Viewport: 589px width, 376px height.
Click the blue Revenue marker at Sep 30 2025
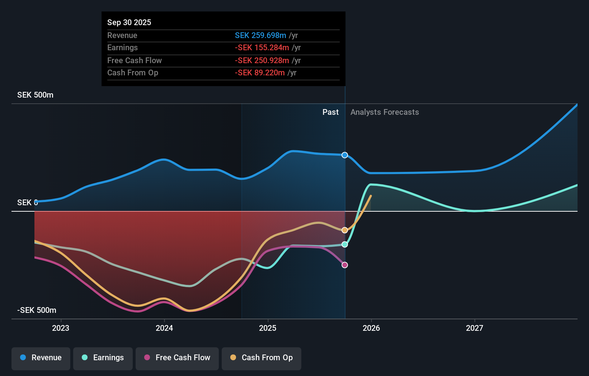pos(345,155)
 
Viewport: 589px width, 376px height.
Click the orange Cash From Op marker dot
pos(345,230)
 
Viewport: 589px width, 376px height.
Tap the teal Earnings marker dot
pos(345,244)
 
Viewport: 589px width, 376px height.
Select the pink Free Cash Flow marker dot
pos(345,265)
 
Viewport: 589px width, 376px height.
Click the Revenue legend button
pos(41,358)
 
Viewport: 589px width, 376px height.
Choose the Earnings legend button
pos(103,358)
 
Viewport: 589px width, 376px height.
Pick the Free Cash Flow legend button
pos(177,358)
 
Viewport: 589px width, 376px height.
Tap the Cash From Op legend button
pos(261,358)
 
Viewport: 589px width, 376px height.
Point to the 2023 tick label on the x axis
pos(61,328)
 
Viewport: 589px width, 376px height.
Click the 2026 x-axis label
pos(371,328)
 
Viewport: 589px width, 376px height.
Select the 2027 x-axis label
pos(475,328)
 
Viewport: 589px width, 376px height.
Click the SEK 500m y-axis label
pos(35,95)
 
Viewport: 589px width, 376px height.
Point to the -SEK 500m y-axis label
pos(37,310)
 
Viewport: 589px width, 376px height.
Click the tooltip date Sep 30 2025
pos(129,22)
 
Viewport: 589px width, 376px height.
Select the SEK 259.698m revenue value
pos(260,35)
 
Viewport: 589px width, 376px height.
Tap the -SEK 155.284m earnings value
pos(262,48)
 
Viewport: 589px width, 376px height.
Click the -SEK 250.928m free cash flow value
pos(262,60)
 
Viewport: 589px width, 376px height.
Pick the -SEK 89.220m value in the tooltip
pos(260,73)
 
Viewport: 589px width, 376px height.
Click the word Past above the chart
pos(330,112)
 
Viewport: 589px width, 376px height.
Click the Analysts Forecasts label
pos(385,112)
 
